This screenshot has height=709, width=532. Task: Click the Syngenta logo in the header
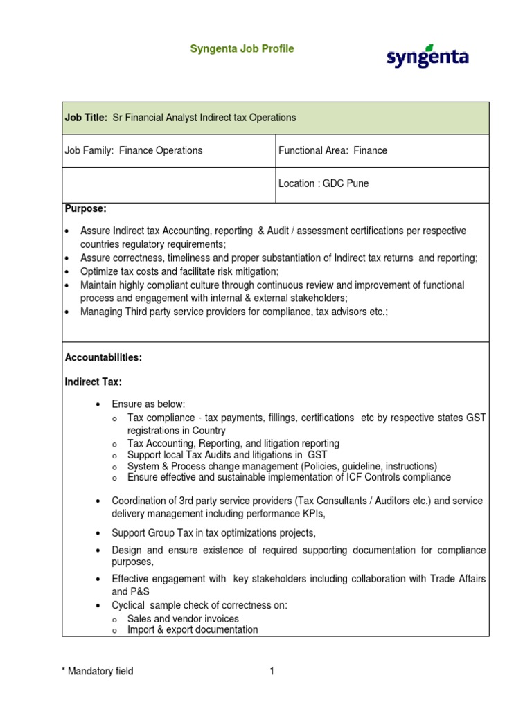pyautogui.click(x=427, y=57)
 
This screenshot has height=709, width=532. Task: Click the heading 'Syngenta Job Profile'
pyautogui.click(x=242, y=48)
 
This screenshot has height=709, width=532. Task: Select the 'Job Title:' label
pyautogui.click(x=86, y=118)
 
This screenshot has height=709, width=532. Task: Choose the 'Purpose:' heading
pyautogui.click(x=85, y=208)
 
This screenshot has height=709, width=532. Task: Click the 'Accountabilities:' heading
pyautogui.click(x=103, y=357)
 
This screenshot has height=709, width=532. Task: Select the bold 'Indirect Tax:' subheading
pyautogui.click(x=93, y=382)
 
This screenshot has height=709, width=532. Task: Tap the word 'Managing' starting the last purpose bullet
pyautogui.click(x=102, y=312)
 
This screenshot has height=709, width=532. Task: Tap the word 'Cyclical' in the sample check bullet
pyautogui.click(x=130, y=605)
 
